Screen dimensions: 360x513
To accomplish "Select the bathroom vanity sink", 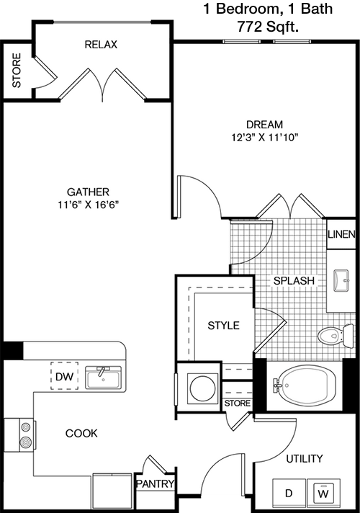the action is click(x=341, y=280).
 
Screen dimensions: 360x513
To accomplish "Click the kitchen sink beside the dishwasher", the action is click(x=104, y=378).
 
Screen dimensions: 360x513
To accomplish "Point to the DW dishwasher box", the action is click(x=64, y=375).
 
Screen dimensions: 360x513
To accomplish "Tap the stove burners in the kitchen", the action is click(x=25, y=435).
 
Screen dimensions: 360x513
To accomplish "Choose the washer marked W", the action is click(x=323, y=494).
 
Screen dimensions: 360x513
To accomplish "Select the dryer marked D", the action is click(x=289, y=494).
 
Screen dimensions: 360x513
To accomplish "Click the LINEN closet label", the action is click(x=341, y=234).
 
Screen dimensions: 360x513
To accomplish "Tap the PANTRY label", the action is click(x=155, y=483).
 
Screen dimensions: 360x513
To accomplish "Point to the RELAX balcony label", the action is click(x=101, y=45).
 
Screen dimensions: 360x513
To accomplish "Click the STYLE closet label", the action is click(x=224, y=325).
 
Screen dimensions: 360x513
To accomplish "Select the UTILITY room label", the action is click(x=305, y=459).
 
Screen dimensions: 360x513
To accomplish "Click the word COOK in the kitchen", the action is click(x=81, y=433).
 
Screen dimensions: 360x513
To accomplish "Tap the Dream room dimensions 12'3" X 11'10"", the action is click(x=265, y=138).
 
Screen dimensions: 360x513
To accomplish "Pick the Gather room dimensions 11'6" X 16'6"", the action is click(x=89, y=205).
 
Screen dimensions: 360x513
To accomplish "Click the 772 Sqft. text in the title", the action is click(x=268, y=27).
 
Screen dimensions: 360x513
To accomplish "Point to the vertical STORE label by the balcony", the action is click(x=17, y=71).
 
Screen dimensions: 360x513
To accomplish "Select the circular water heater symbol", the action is click(x=203, y=388).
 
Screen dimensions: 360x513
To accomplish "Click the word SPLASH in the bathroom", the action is click(x=294, y=280).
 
